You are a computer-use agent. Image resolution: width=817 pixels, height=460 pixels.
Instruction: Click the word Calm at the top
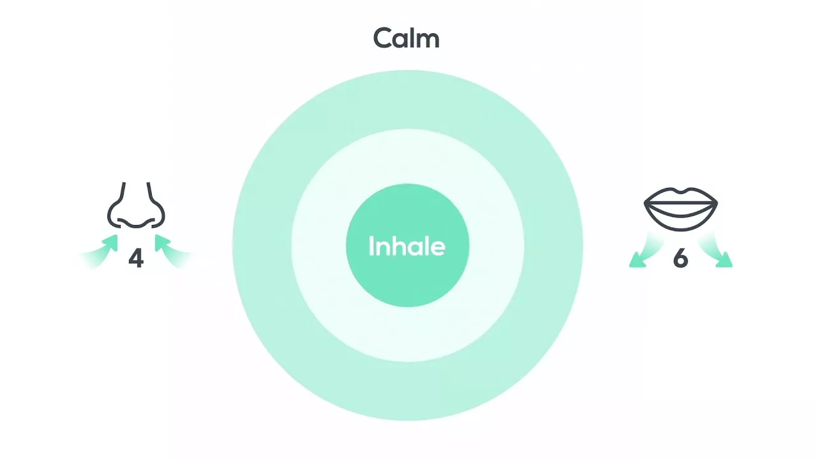[x=406, y=38]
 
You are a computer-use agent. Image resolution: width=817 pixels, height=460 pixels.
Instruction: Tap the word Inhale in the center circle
[x=407, y=246]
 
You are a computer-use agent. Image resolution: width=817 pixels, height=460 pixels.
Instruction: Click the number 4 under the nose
[x=136, y=258]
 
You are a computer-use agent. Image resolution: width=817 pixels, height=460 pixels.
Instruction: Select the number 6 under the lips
[x=680, y=259]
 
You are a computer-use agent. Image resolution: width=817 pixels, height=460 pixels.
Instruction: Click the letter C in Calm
[x=383, y=38]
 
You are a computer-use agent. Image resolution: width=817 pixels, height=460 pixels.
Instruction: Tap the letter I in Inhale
[x=371, y=246]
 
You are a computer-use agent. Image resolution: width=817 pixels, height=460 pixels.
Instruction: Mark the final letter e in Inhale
[x=438, y=249]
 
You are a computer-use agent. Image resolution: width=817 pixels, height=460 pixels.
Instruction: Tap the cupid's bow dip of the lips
[x=680, y=191]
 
